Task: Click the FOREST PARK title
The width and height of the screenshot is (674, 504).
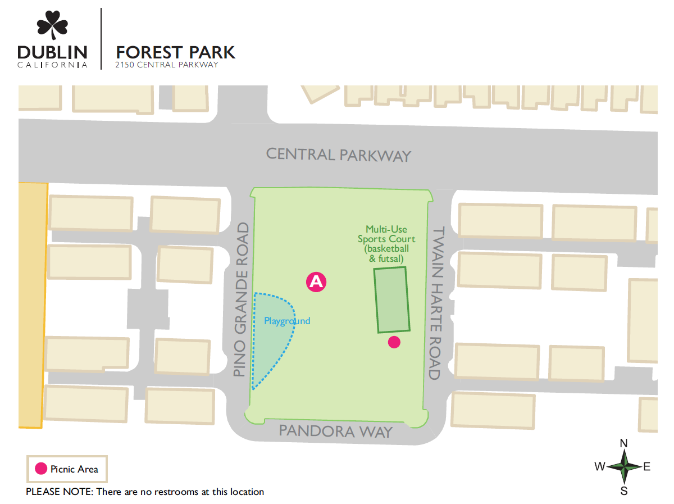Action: point(175,52)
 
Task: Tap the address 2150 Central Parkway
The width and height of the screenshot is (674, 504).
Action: point(166,65)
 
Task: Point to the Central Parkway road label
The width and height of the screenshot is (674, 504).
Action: point(338,155)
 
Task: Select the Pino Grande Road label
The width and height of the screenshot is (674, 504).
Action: point(241,300)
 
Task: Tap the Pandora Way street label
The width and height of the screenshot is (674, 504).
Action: point(335,432)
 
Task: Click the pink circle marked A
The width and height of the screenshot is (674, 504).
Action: point(316,281)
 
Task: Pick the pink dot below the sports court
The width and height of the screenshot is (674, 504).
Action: point(394,342)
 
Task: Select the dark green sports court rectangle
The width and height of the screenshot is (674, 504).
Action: point(393,299)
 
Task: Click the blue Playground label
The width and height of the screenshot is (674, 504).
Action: point(287,321)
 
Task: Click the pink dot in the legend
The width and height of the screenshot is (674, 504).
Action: point(41,469)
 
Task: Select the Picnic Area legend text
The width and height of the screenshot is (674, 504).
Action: point(74,469)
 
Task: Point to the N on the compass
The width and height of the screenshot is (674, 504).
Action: point(623,443)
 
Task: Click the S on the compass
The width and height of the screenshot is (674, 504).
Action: point(623,491)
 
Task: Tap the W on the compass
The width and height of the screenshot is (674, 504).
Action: point(600,466)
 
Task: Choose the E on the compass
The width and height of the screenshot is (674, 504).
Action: point(647,466)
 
